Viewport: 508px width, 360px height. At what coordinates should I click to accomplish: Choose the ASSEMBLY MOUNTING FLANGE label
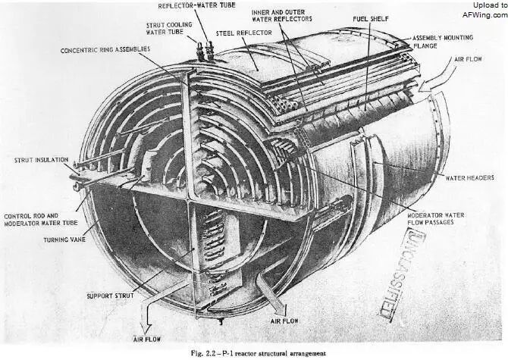click(x=441, y=42)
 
